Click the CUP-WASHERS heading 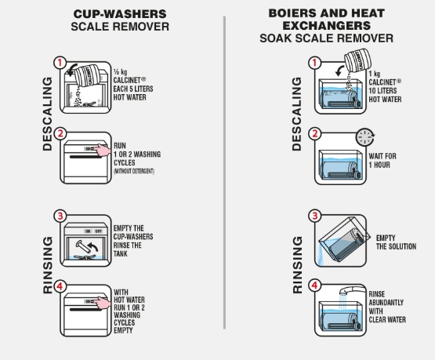120,14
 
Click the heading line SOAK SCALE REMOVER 326,38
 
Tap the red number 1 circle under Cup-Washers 60,63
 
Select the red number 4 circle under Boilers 314,285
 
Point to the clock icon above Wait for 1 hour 365,136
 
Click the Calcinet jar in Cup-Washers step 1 88,76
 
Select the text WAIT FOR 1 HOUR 382,161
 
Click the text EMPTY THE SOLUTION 396,242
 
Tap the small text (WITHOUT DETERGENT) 134,171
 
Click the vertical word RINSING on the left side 48,265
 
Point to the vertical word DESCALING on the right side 297,114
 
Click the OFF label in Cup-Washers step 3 99,231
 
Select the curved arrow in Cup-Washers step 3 92,246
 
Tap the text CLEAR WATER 387,320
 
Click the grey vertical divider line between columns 224,173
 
